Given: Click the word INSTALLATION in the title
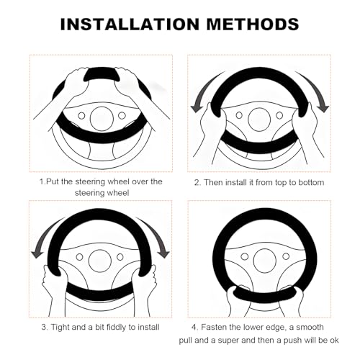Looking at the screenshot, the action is [130, 24].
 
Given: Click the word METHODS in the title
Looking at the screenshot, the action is [253, 24].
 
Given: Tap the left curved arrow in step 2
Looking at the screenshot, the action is [204, 91].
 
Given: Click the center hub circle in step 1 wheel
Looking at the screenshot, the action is [102, 119].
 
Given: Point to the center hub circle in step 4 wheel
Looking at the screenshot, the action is [264, 261].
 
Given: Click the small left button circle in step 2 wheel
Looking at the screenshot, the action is [239, 115].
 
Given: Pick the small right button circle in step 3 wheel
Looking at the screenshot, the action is [120, 257].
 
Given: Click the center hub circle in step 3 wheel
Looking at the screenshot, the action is [100, 261].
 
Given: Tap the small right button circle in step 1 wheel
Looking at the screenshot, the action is [122, 115].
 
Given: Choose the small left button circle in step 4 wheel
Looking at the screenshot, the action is [245, 256].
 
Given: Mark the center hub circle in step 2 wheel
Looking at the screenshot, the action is [259, 120].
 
